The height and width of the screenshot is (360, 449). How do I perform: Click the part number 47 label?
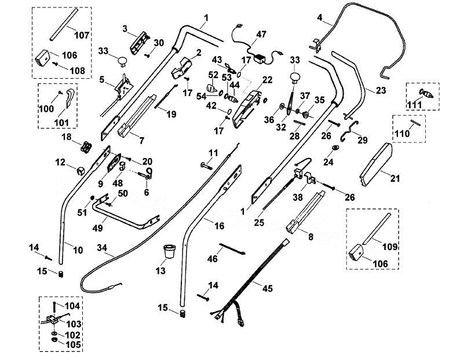coord(261,35)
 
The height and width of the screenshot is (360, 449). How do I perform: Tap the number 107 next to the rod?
coord(82,35)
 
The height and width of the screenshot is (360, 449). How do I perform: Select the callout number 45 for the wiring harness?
coord(268,288)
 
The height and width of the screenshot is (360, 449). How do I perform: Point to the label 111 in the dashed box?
coord(415,105)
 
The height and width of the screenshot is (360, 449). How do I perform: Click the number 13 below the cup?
coord(160,270)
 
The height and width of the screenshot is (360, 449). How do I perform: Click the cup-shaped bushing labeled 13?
coord(169,251)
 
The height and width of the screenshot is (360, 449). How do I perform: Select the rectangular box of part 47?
coord(260,59)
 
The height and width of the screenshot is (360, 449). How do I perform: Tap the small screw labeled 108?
coord(56,64)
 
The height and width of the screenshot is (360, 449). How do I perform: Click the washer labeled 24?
coord(335,148)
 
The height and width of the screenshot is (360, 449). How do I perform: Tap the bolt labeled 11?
coord(206,166)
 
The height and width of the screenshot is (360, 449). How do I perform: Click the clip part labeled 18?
coord(86,147)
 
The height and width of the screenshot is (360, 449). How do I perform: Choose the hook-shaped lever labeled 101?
coord(70,98)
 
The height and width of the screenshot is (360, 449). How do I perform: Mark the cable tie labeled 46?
coord(232,248)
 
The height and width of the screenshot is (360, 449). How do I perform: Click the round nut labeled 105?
coord(53,340)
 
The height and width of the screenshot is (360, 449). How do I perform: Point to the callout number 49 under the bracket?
coord(97,228)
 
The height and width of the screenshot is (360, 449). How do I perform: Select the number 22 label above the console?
coord(267,80)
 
